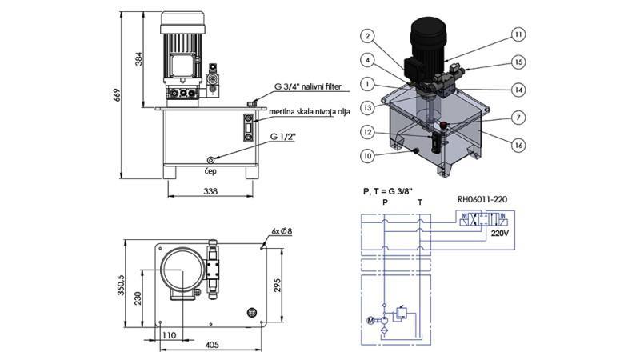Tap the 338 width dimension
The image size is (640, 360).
pyautogui.click(x=211, y=192)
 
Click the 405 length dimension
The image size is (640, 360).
pyautogui.click(x=211, y=346)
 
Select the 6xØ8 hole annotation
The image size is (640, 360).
pyautogui.click(x=282, y=231)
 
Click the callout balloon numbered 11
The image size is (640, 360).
pyautogui.click(x=518, y=35)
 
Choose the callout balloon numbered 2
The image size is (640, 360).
pyautogui.click(x=365, y=36)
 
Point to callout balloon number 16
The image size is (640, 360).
pyautogui.click(x=518, y=145)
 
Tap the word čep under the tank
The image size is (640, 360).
pyautogui.click(x=210, y=170)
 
